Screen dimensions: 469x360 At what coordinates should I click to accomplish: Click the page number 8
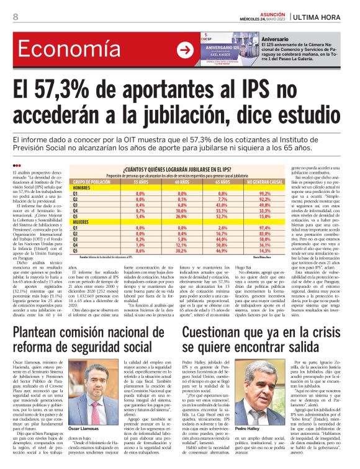[16, 17]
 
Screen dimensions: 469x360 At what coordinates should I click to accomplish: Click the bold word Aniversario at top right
[274, 39]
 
